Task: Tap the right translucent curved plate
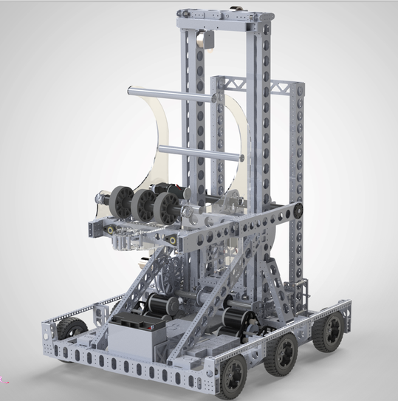(x=241, y=140)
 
